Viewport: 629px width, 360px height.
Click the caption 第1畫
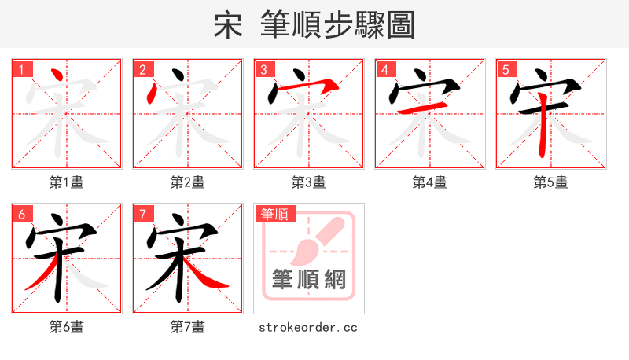click(66, 182)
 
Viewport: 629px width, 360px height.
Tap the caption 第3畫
click(308, 182)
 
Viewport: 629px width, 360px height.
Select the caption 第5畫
click(550, 182)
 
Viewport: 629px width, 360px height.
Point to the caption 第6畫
click(66, 327)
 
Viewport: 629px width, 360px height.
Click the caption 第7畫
click(187, 327)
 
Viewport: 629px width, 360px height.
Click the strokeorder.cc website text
click(308, 327)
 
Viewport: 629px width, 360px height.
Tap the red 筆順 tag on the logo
click(274, 214)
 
